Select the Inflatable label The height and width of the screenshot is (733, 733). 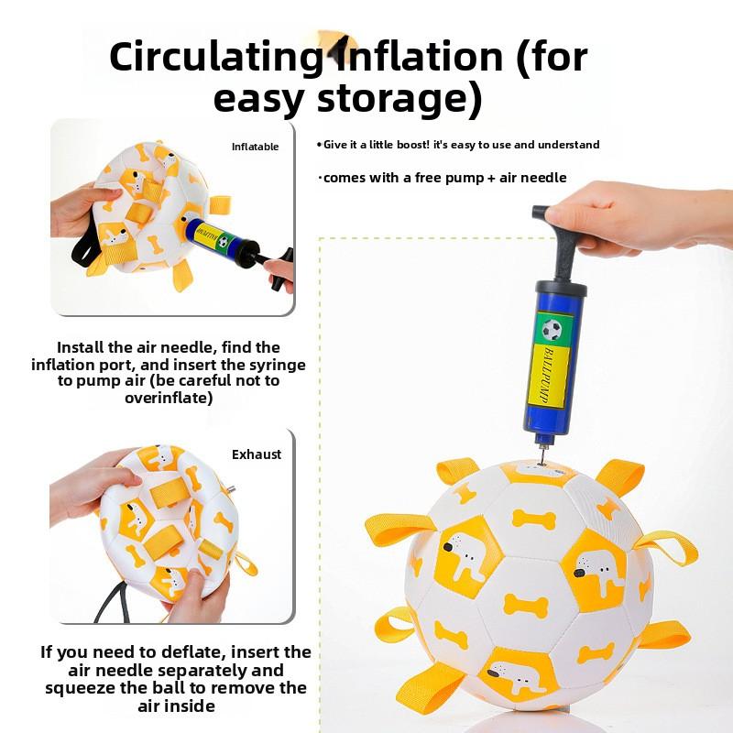pyautogui.click(x=255, y=147)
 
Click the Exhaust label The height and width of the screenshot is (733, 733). pyautogui.click(x=257, y=454)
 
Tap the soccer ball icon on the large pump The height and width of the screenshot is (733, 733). pyautogui.click(x=551, y=329)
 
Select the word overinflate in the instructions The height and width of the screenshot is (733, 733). pyautogui.click(x=169, y=399)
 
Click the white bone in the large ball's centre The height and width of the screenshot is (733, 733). pyautogui.click(x=526, y=604)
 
